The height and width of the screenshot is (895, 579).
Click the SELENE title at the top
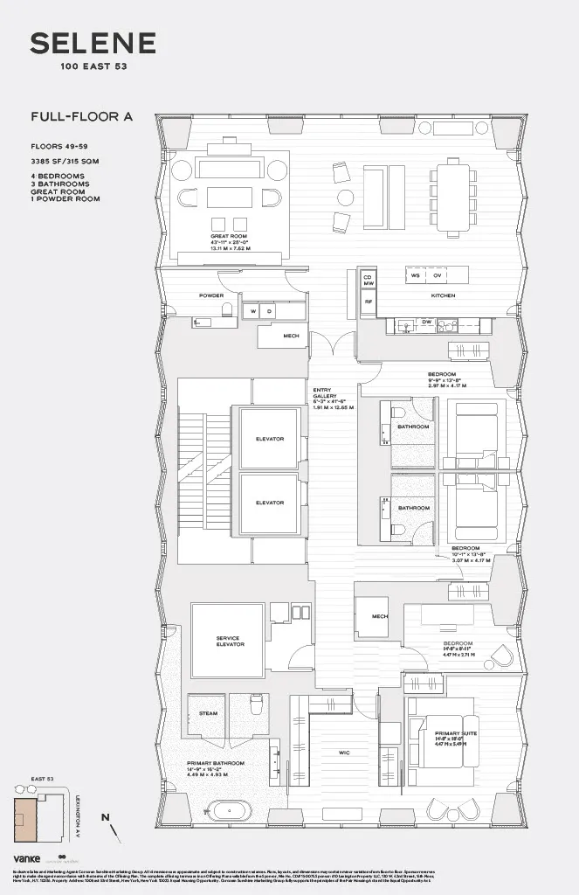click(93, 43)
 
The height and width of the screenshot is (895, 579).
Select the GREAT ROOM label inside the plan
click(230, 237)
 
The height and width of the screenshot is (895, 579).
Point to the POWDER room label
click(211, 295)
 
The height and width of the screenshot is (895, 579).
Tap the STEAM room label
click(208, 713)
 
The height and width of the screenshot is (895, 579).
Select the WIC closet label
click(344, 751)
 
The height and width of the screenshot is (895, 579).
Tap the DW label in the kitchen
click(427, 322)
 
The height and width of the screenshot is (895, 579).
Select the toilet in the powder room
click(226, 310)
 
